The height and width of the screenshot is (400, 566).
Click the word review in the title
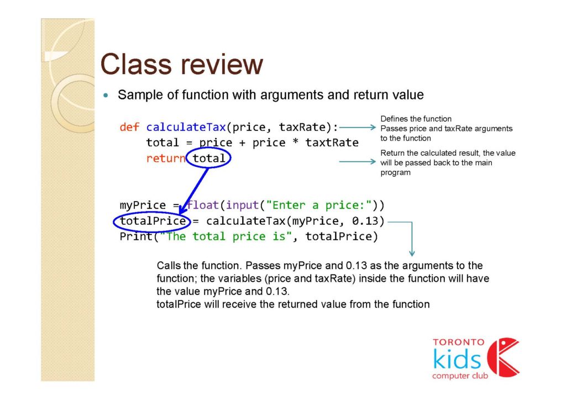pos(222,65)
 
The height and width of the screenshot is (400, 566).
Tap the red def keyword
pos(129,127)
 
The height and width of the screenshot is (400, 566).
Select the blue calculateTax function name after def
pos(186,127)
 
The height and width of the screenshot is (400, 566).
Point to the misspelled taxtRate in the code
pos(332,143)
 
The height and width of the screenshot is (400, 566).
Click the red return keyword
pos(166,158)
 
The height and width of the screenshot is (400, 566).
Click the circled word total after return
pos(208,158)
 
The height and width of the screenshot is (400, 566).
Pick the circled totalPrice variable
pos(153,220)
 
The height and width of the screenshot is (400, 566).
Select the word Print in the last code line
pos(136,236)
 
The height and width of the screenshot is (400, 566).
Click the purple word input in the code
pos(242,205)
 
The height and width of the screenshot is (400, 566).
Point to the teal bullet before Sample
pos(106,95)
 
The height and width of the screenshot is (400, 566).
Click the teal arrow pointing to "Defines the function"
pos(358,127)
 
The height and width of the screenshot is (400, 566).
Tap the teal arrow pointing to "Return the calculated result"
pos(358,161)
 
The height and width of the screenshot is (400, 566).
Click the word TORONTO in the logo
pos(459,342)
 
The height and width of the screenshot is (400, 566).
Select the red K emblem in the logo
pos(503,357)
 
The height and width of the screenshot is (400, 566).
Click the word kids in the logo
pos(457,359)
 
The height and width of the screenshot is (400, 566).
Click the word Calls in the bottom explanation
pos(168,265)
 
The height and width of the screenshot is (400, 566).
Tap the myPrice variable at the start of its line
pos(143,205)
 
